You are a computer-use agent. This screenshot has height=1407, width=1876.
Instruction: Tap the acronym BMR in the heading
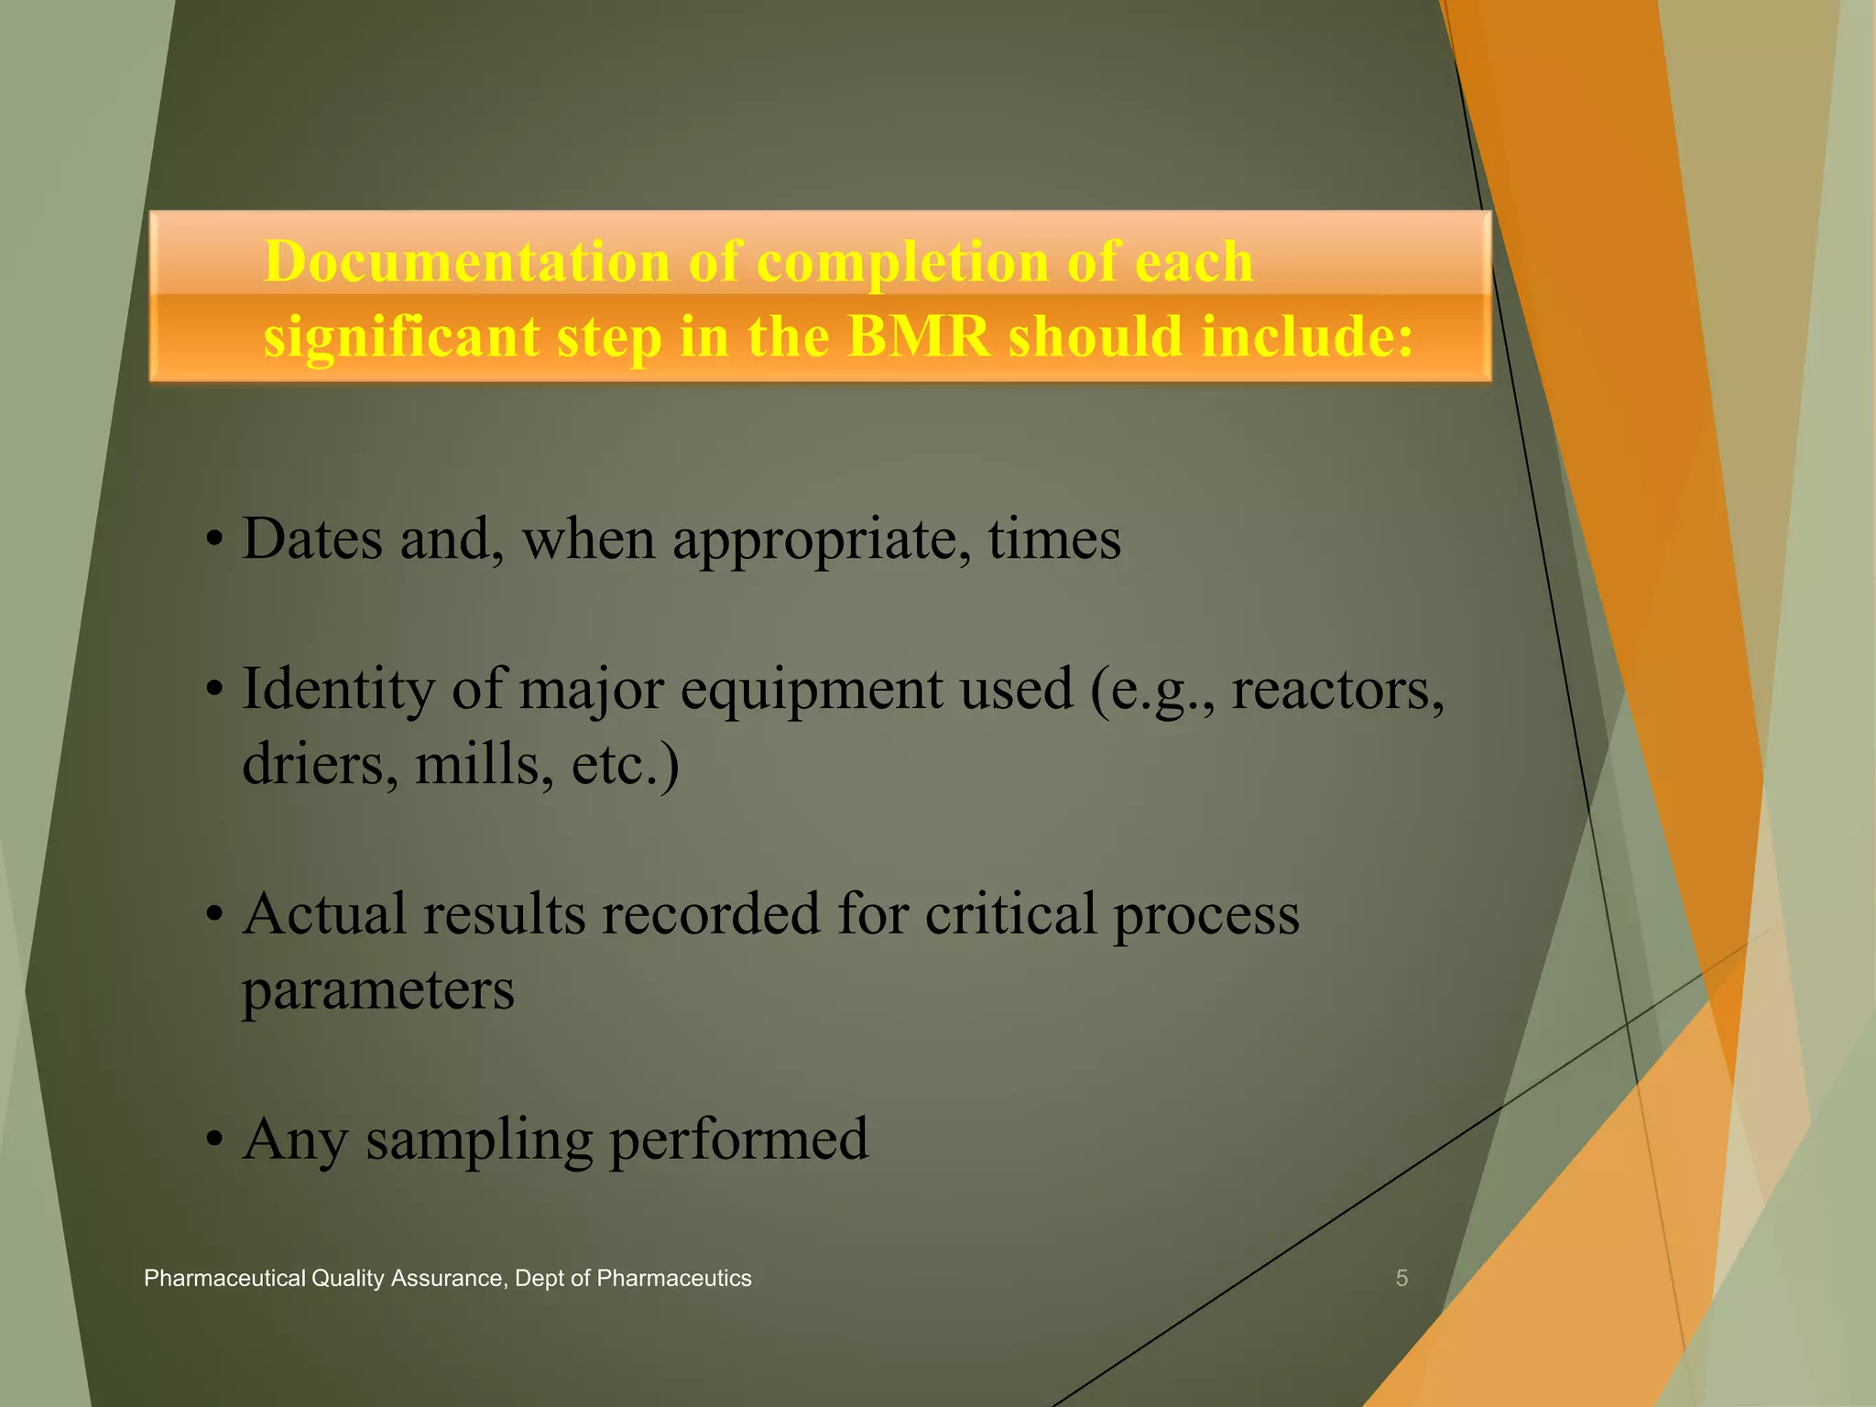[919, 336]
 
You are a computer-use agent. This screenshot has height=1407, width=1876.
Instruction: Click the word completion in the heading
[903, 262]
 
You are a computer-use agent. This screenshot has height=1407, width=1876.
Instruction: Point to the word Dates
[311, 539]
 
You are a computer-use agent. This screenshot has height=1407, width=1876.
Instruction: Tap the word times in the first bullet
[1054, 539]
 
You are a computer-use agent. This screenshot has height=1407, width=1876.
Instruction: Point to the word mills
[484, 764]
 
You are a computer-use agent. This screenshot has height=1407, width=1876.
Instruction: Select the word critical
[1009, 914]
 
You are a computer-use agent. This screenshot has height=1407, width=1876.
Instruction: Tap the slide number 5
[1401, 1279]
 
